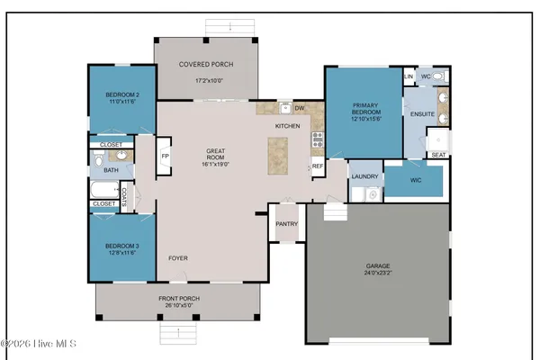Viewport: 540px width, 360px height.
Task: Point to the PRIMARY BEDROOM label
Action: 363,109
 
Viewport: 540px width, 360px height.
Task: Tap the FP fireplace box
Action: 165,155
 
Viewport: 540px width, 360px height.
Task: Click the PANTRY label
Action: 286,224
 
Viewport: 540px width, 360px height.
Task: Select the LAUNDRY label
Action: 364,176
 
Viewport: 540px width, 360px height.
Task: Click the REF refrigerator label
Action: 318,166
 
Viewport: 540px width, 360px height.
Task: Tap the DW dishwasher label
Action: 300,107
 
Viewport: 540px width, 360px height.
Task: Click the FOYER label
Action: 177,258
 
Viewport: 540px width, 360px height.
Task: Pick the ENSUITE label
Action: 422,115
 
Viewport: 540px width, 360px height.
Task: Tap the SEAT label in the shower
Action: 438,155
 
